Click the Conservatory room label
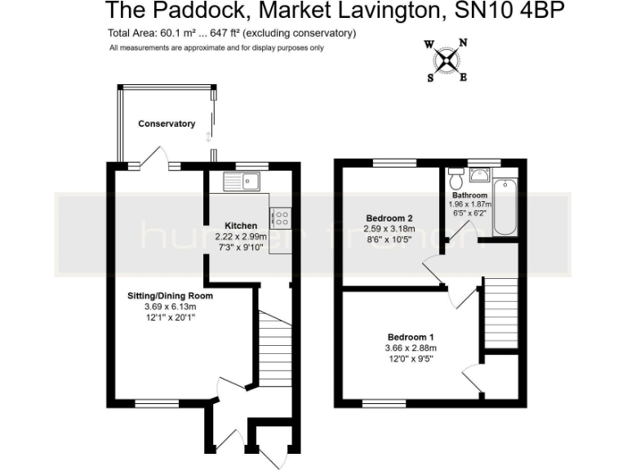click(167, 124)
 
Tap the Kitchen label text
click(242, 226)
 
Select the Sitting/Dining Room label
click(170, 295)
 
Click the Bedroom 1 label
click(410, 338)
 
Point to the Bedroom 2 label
click(389, 218)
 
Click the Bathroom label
click(470, 195)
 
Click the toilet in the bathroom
click(456, 177)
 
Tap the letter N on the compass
click(463, 43)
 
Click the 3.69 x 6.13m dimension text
click(170, 307)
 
